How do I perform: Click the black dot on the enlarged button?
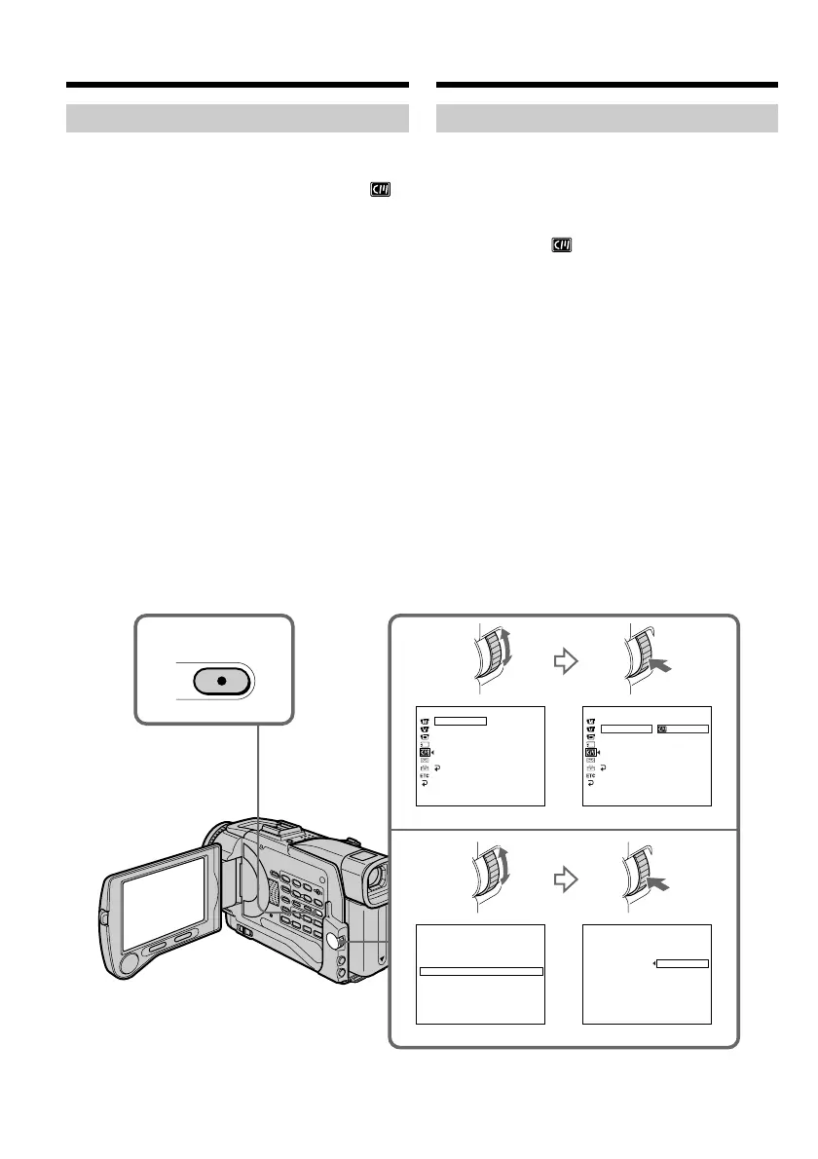click(223, 680)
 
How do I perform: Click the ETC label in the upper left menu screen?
click(425, 775)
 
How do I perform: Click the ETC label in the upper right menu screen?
click(590, 775)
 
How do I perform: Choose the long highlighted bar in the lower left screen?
click(480, 971)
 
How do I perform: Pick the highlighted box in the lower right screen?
click(683, 964)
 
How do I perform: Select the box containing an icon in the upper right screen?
click(682, 729)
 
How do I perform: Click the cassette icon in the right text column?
click(561, 246)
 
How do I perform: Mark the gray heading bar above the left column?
click(237, 119)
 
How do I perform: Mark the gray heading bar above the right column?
click(608, 119)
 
